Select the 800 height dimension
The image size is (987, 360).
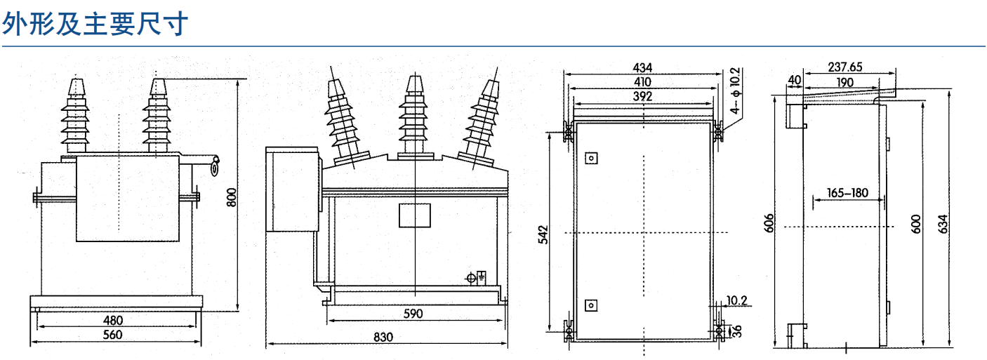pos(232,197)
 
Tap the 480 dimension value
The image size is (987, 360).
pos(113,320)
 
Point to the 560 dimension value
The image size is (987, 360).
pos(113,335)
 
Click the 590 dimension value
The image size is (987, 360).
pos(413,314)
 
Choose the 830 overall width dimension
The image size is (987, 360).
pos(383,337)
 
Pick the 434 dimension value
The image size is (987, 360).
pos(642,68)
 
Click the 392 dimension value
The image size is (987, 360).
pos(642,96)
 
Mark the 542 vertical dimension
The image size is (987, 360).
pos(544,234)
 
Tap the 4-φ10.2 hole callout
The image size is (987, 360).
pos(735,91)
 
